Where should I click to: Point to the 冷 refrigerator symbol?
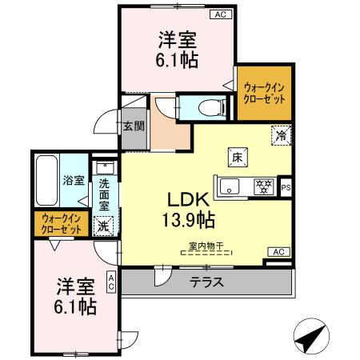pyautogui.click(x=281, y=135)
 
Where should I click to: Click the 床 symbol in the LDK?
pyautogui.click(x=238, y=158)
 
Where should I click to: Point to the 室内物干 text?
pyautogui.click(x=206, y=246)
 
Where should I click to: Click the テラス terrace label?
pyautogui.click(x=206, y=282)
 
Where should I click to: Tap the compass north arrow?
pyautogui.click(x=310, y=336)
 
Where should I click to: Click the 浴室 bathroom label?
pyautogui.click(x=74, y=181)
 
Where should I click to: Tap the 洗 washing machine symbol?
pyautogui.click(x=103, y=226)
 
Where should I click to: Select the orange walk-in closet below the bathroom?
pyautogui.click(x=61, y=224)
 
